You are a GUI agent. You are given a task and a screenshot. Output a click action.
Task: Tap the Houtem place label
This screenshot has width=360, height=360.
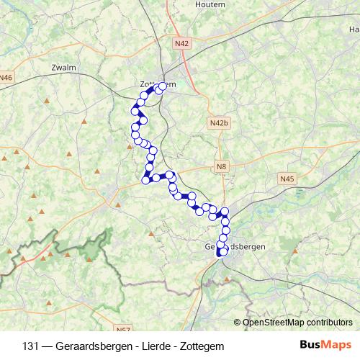pyautogui.click(x=210, y=4)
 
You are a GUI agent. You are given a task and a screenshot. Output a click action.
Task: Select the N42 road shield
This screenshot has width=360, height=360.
pyautogui.click(x=182, y=44)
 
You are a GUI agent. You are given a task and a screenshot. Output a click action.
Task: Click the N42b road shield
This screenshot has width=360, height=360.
pyautogui.click(x=220, y=124)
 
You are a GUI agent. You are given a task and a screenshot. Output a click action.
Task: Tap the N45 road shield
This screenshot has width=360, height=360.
pyautogui.click(x=287, y=178)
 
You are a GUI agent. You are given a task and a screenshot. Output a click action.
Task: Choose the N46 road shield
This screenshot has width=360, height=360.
pyautogui.click(x=6, y=78)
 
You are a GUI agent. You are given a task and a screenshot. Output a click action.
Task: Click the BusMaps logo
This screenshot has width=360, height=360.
pyautogui.click(x=325, y=346)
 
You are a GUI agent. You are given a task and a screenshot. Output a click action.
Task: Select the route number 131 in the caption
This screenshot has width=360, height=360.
pyautogui.click(x=30, y=346)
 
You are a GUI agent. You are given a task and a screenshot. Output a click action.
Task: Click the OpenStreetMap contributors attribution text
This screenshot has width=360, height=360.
pyautogui.click(x=297, y=323)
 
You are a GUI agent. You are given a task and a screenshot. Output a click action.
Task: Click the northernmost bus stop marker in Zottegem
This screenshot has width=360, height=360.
pyautogui.click(x=162, y=86)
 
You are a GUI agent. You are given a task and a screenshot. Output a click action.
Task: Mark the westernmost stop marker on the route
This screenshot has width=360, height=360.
pyautogui.click(x=133, y=111)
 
